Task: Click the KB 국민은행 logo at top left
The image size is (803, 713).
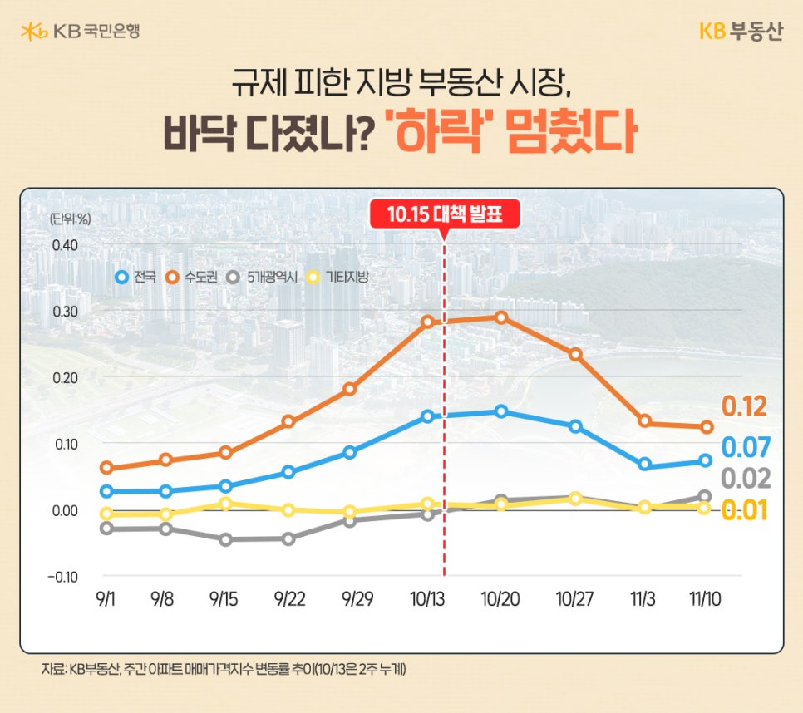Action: pos(80,32)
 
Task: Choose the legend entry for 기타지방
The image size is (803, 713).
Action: pos(337,277)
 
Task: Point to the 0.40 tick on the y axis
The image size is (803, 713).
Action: pos(64,245)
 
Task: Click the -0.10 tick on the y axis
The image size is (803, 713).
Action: pos(62,577)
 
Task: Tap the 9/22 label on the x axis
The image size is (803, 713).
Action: pos(288,599)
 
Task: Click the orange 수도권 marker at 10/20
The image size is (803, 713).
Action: pos(501,317)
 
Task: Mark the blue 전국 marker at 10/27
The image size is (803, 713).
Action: pos(575,426)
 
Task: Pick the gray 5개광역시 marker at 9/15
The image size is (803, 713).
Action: pos(225,539)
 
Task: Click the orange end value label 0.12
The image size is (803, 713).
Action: pos(744,407)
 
